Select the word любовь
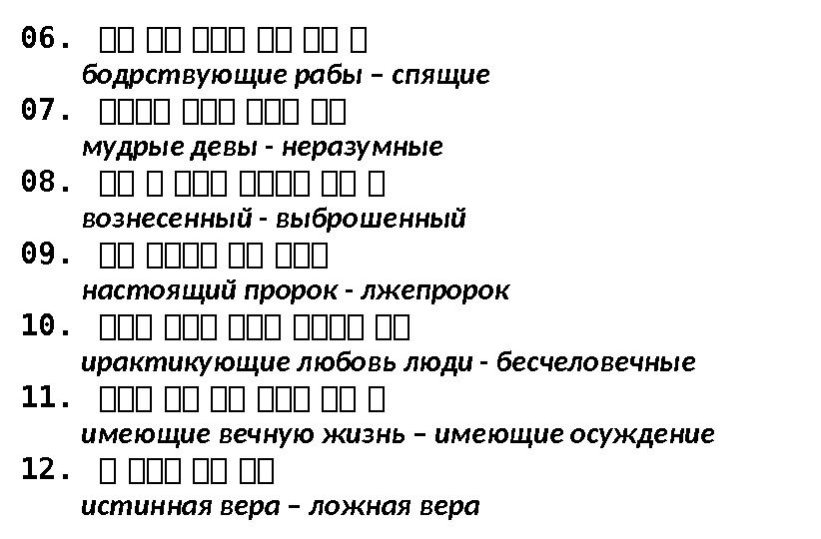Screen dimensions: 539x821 [358, 362]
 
